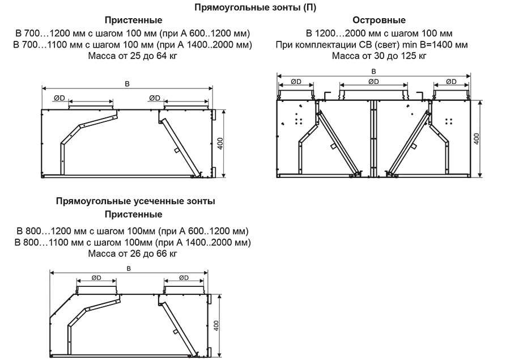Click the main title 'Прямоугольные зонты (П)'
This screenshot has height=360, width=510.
[x=255, y=7]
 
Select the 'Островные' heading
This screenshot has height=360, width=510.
[x=371, y=20]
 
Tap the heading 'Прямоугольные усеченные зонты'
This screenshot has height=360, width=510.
[x=135, y=201]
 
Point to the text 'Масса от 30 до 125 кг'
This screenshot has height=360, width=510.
[x=371, y=56]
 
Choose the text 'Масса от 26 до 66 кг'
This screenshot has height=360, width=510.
[x=133, y=253]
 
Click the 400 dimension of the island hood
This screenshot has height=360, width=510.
[x=477, y=138]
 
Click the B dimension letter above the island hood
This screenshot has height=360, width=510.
[x=373, y=71]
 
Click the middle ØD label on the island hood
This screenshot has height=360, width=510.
[x=373, y=82]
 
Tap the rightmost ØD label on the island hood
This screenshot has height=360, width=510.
[x=451, y=82]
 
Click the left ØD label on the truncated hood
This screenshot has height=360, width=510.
[x=96, y=278]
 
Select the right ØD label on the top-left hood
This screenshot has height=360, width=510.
[x=154, y=98]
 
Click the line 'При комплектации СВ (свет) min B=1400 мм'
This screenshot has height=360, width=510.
[x=371, y=44]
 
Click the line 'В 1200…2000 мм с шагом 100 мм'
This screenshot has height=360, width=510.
[x=371, y=33]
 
